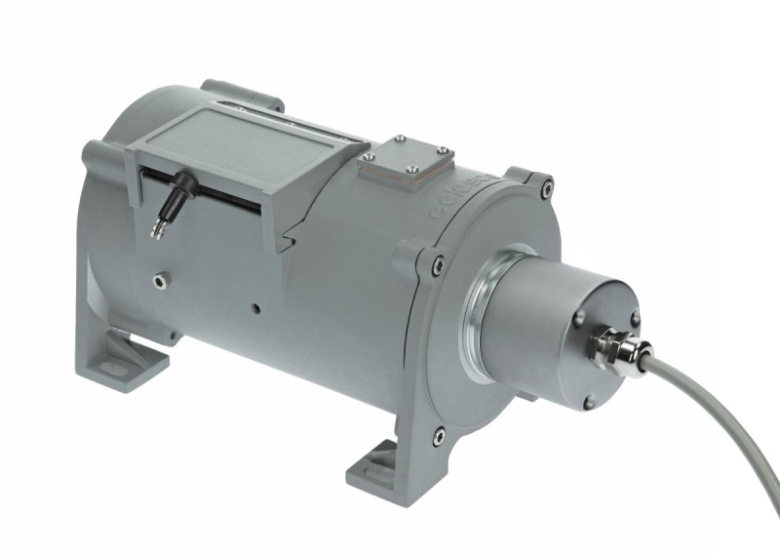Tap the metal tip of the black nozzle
pos(158,228)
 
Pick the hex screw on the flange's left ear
pos(436,260)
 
